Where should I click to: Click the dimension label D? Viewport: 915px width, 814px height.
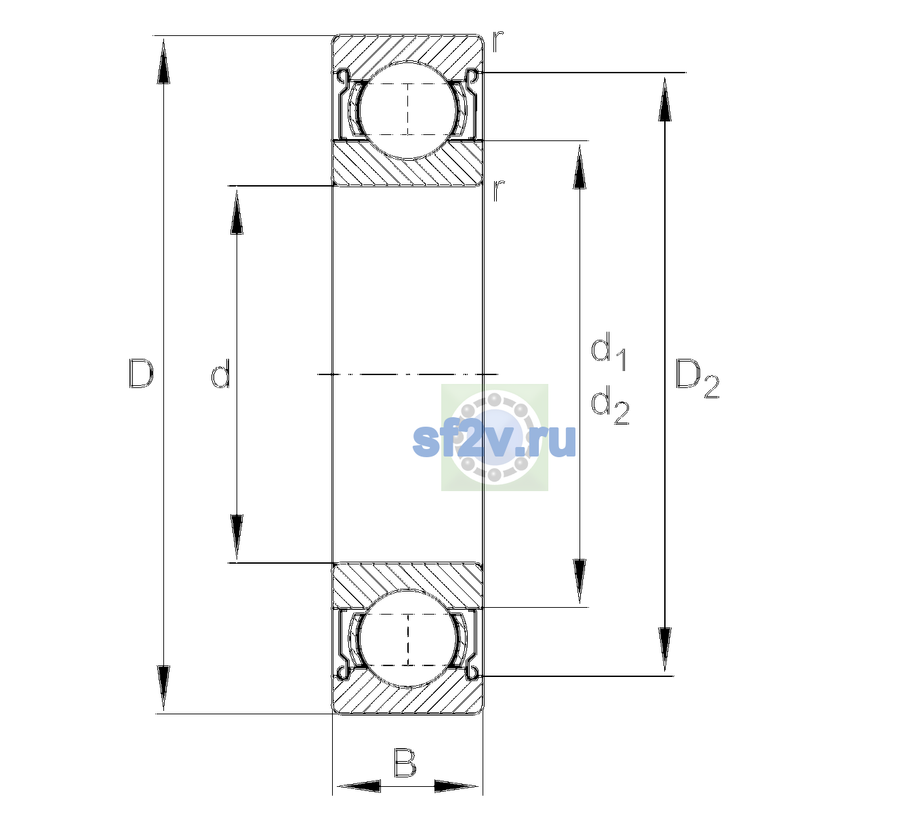(x=141, y=373)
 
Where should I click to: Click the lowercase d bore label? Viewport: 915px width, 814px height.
(x=220, y=373)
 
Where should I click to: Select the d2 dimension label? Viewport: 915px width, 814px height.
(x=610, y=404)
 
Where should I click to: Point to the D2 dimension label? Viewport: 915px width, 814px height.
(x=697, y=379)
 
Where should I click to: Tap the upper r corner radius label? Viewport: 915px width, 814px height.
(x=498, y=41)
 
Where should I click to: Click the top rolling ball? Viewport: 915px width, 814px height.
(x=408, y=110)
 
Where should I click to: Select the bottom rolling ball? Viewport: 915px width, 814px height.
(x=408, y=638)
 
